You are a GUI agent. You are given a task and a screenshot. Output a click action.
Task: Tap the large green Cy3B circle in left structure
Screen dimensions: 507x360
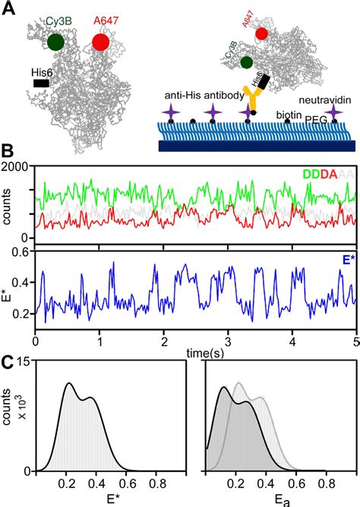55,42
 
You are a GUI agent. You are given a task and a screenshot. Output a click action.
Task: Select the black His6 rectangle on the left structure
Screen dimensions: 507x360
41,83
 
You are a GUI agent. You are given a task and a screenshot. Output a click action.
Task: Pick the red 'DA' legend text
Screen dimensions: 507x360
330,174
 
